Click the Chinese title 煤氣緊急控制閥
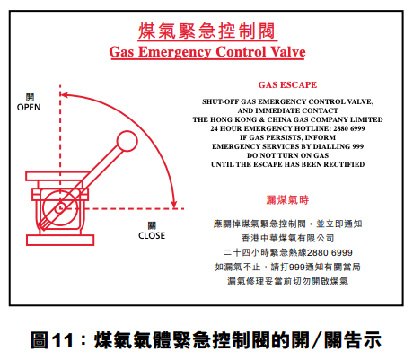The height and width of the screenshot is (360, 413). point(206,31)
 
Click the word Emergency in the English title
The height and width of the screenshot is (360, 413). point(175,52)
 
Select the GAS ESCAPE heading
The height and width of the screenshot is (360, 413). point(287,85)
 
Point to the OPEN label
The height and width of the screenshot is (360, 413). point(29,108)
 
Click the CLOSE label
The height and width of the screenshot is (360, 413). point(152,236)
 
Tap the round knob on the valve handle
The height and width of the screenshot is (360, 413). point(127,141)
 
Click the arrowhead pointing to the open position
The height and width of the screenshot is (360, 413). point(65,95)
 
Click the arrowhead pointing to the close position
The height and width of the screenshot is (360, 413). point(174,204)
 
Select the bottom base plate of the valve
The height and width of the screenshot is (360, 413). point(60,240)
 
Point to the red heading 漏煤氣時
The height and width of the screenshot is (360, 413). point(287,200)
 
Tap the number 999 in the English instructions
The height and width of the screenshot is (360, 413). point(358,146)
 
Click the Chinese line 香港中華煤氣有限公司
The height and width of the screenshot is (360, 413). point(287,238)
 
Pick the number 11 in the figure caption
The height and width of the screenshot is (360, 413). point(63,340)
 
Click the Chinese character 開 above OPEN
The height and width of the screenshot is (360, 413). point(30,97)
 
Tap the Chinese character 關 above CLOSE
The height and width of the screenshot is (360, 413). point(152,225)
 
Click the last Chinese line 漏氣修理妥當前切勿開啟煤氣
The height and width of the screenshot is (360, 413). point(287,281)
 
